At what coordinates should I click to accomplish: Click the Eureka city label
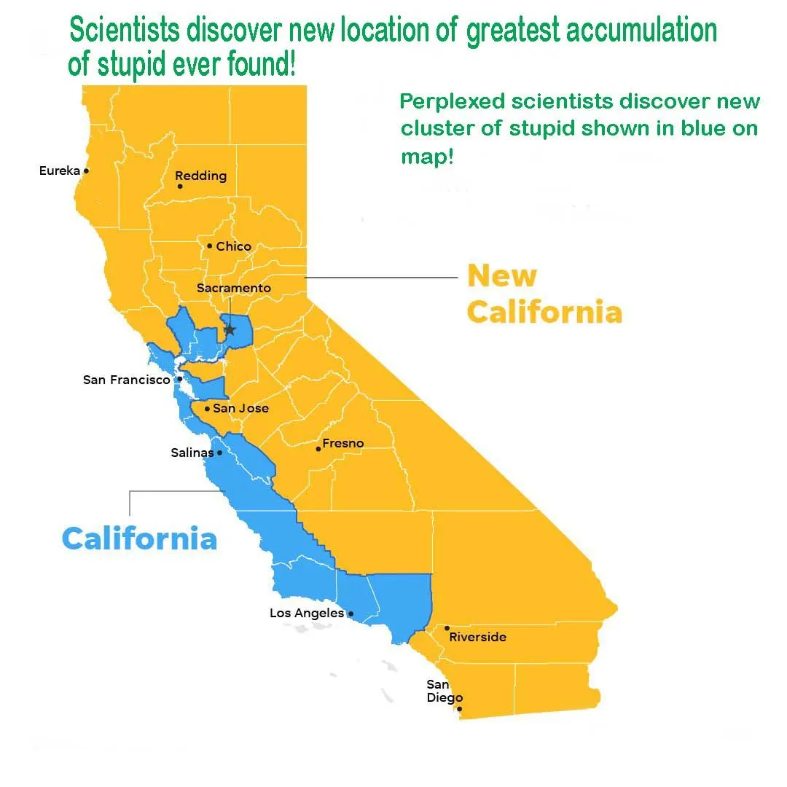pyautogui.click(x=59, y=171)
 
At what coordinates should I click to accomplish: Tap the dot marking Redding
pyautogui.click(x=180, y=187)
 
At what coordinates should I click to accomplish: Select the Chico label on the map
pyautogui.click(x=233, y=246)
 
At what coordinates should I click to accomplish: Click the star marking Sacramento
pyautogui.click(x=230, y=330)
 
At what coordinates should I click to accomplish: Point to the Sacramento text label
pyautogui.click(x=233, y=288)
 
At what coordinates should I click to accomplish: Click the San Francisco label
pyautogui.click(x=126, y=380)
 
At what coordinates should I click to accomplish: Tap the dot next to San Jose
pyautogui.click(x=208, y=409)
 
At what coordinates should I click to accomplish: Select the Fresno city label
pyautogui.click(x=342, y=443)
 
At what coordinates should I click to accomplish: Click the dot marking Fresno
pyautogui.click(x=318, y=449)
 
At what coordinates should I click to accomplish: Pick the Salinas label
pyautogui.click(x=192, y=453)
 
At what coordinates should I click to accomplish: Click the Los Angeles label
pyautogui.click(x=306, y=613)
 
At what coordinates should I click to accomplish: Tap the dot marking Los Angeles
pyautogui.click(x=351, y=614)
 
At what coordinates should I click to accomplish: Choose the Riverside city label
pyautogui.click(x=477, y=637)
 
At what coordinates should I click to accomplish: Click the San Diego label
pyautogui.click(x=444, y=691)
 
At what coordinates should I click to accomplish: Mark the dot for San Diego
pyautogui.click(x=459, y=708)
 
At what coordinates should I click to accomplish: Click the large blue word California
pyautogui.click(x=139, y=539)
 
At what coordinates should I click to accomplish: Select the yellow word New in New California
pyautogui.click(x=501, y=276)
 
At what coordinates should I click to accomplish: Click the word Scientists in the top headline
pyautogui.click(x=125, y=31)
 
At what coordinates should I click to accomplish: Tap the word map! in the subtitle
pyautogui.click(x=427, y=157)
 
